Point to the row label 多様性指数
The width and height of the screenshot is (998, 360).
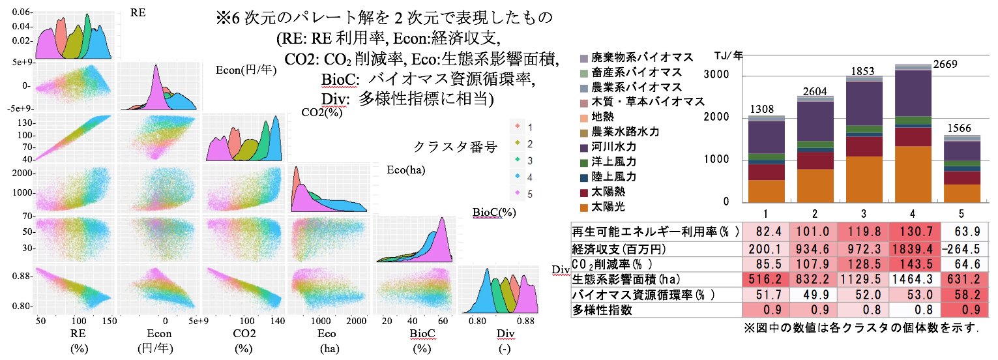coord(602,310)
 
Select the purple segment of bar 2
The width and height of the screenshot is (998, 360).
coord(815,121)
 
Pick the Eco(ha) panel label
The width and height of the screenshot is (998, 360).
coord(405,172)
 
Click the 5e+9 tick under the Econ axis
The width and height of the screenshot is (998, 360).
coord(195,321)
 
